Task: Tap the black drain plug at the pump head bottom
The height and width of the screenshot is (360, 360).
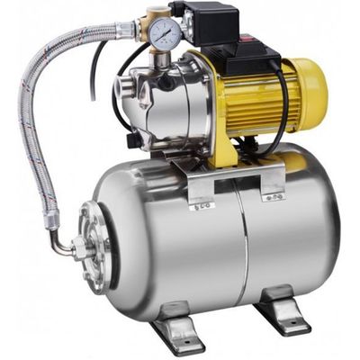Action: coord(134,140)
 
